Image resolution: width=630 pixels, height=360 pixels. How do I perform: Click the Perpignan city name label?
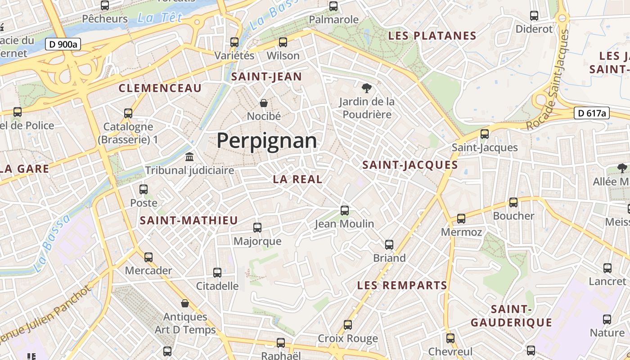tap(266, 141)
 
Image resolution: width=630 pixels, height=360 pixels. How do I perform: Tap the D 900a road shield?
tap(63, 44)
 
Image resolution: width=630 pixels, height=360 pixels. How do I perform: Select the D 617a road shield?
tap(591, 113)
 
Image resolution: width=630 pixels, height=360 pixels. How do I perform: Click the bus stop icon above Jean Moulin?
tap(345, 210)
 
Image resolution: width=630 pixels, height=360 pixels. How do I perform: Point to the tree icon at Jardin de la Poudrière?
tap(367, 88)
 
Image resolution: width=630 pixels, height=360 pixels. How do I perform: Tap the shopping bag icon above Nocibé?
tap(264, 103)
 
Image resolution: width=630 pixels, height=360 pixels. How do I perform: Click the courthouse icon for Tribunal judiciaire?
tap(189, 157)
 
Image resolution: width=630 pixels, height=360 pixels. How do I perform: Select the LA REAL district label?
tap(297, 179)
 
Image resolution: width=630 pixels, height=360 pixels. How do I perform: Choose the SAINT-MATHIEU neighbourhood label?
tap(189, 220)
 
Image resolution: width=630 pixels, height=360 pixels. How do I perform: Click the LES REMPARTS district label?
tap(402, 285)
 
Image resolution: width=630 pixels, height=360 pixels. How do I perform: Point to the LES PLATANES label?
tap(432, 36)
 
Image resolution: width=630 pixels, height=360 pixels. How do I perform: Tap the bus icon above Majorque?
tap(257, 228)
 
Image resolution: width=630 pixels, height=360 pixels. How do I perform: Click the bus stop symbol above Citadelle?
tap(217, 272)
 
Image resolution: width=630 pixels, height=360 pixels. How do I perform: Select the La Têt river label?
tap(160, 18)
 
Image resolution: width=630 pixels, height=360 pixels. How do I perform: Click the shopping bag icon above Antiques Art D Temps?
tap(184, 303)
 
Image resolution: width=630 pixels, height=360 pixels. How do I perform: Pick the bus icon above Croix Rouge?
tap(347, 325)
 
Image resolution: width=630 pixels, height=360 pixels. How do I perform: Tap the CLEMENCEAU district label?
tap(160, 88)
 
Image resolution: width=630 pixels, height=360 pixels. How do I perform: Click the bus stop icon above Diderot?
tap(534, 16)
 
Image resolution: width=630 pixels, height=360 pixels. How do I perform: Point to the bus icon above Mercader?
tap(148, 257)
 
